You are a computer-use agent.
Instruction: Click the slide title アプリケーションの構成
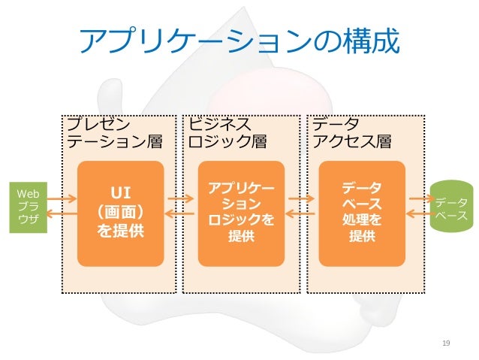(239, 44)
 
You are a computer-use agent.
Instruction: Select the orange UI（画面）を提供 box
(121, 213)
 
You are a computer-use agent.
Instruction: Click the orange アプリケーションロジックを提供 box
(241, 213)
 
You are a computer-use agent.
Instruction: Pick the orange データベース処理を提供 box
(361, 213)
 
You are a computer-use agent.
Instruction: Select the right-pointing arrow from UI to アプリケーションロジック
(181, 199)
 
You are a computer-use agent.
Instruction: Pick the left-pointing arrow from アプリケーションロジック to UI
(181, 216)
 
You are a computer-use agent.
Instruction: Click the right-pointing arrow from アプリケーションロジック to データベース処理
(301, 199)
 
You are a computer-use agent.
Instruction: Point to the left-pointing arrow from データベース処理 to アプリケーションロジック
(301, 216)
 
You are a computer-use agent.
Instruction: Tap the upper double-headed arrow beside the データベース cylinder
(419, 199)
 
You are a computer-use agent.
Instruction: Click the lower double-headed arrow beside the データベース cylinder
(419, 216)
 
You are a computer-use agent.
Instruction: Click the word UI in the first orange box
(121, 189)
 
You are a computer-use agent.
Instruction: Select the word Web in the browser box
(28, 193)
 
